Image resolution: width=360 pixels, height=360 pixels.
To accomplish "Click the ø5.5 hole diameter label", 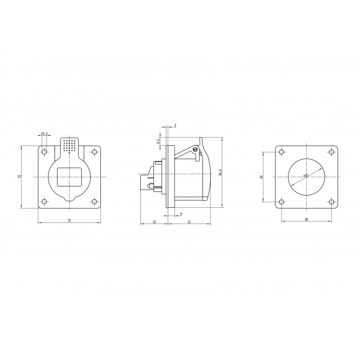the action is point(44,134).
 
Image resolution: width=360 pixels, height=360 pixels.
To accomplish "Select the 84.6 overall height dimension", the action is point(220,172).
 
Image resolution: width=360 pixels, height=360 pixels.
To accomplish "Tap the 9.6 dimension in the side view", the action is point(158,141).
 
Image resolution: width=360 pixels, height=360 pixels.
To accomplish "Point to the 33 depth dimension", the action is point(154,222).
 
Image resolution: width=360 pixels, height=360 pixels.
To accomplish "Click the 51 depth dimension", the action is point(189,222).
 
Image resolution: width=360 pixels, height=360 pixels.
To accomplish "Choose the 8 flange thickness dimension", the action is point(181,214).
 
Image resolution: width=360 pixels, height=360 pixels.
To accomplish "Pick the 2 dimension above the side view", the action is point(175,125).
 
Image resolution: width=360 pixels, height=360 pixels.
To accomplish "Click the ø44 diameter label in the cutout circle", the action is point(306,175).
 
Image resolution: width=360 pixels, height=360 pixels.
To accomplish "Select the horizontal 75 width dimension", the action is point(69,221).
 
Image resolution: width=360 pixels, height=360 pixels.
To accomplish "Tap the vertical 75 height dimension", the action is point(19,176).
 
